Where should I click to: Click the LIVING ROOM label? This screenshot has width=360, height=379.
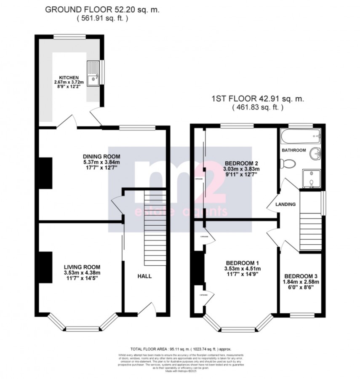tap(82, 267)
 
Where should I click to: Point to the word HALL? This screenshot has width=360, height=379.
tap(144, 276)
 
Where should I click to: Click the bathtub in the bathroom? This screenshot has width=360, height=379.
tap(300, 136)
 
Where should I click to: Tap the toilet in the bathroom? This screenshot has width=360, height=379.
tap(289, 162)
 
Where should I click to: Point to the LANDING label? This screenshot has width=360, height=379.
tap(285, 204)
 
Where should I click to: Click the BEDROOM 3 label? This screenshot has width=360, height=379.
tap(300, 272)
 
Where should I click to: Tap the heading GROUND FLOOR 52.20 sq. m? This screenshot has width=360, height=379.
tap(102, 9)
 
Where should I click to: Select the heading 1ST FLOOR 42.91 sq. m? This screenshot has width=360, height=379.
tap(257, 99)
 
